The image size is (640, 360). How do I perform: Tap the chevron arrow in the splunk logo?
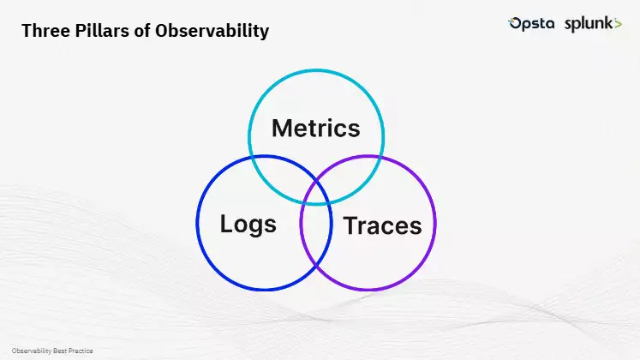[618, 25]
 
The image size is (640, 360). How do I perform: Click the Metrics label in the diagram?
[315, 129]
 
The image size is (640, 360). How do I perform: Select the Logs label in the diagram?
[248, 225]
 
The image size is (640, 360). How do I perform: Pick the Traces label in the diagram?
[382, 226]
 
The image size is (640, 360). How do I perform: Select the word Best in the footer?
[63, 351]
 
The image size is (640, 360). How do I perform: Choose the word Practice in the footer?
[81, 351]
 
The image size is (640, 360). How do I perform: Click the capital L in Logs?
[227, 225]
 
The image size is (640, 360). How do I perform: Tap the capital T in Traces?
[350, 226]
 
